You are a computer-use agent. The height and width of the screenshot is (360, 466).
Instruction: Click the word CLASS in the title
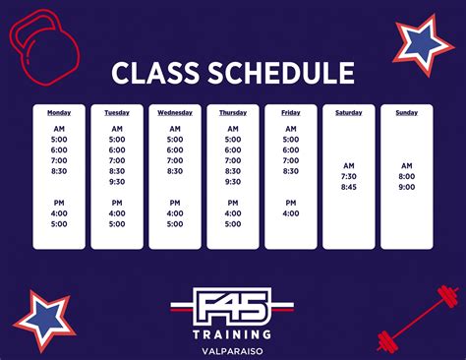click(152, 72)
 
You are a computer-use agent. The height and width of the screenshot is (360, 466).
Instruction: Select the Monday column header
click(58, 112)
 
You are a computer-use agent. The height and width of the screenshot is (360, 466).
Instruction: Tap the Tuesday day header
click(117, 112)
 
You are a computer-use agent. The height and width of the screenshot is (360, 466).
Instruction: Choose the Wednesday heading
click(175, 112)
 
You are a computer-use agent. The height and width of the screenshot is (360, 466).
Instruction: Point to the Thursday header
click(233, 112)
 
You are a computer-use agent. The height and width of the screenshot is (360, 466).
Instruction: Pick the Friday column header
click(291, 112)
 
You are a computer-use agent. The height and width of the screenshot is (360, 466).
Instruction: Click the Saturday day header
click(349, 112)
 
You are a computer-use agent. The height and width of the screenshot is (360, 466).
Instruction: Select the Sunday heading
click(407, 112)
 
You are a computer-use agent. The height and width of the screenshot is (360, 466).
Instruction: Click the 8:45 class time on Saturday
click(349, 186)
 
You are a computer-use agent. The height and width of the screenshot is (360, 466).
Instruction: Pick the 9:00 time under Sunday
click(407, 186)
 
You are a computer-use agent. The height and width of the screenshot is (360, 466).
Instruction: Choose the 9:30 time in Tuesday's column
click(117, 181)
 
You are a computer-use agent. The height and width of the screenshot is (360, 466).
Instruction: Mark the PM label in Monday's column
click(58, 202)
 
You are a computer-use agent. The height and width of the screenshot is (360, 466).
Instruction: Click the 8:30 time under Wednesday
click(175, 170)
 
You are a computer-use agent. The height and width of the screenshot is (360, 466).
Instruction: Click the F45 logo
click(233, 302)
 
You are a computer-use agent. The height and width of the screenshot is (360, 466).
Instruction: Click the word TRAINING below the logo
click(233, 331)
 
